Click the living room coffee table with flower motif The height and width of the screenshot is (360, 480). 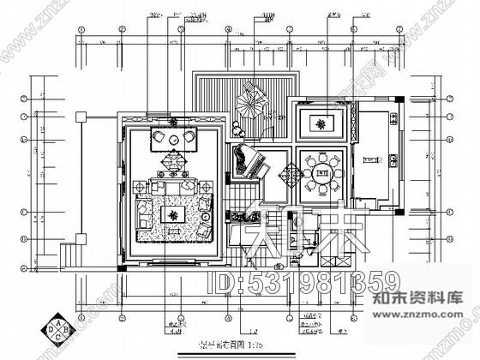tap(174, 213)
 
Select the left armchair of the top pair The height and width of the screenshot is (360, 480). tap(159, 139)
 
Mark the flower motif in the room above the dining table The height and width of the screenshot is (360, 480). tap(322, 123)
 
